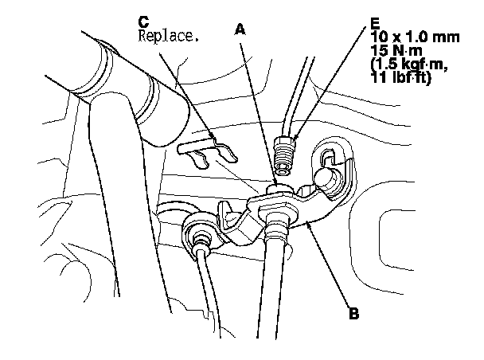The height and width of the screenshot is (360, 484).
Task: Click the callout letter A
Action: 239,29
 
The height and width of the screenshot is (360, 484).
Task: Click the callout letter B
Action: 353,313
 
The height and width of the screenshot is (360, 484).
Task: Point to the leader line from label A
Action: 259,112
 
